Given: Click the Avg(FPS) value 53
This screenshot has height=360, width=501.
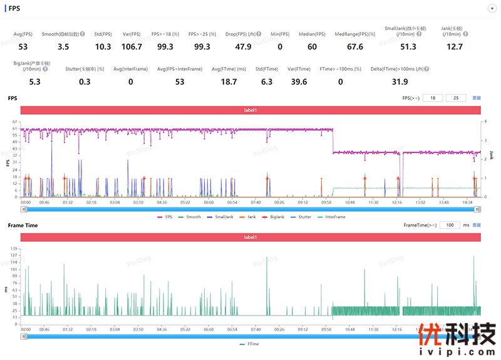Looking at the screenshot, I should [x=23, y=46].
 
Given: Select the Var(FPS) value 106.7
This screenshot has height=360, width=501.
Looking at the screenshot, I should [x=132, y=46].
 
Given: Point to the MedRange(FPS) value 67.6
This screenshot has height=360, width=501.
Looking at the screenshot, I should [x=354, y=46].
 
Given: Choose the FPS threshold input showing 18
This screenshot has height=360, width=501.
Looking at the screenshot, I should [x=433, y=98].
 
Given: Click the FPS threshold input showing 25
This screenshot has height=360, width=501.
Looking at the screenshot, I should [x=456, y=98].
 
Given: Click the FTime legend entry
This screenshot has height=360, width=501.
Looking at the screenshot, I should [x=250, y=344].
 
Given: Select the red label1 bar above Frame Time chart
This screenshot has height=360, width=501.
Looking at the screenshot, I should [x=250, y=237].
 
